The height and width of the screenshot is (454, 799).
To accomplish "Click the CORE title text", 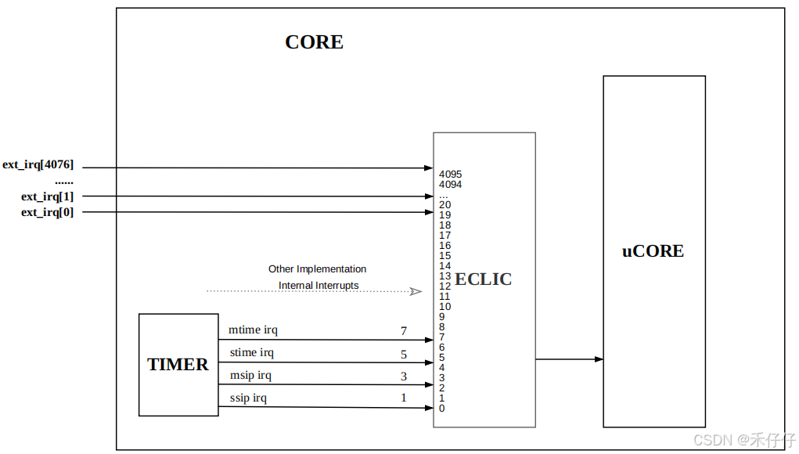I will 314,42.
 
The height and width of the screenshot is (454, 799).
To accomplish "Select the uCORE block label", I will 653,251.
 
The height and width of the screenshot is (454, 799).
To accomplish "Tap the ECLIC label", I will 484,279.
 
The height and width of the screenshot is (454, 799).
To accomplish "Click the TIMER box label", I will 178,365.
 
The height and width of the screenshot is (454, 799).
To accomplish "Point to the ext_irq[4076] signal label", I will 38,164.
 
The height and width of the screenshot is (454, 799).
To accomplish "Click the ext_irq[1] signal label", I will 47,196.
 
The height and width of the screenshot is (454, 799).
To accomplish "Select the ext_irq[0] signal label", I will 47,212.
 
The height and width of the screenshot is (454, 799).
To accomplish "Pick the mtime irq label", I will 252,330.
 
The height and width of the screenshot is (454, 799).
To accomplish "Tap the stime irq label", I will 252,353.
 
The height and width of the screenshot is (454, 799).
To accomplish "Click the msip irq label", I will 250,376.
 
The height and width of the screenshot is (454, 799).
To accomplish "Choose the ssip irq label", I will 248,398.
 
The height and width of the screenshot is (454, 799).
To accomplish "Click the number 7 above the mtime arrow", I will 404,331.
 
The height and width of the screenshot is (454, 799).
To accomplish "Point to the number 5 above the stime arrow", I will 404,355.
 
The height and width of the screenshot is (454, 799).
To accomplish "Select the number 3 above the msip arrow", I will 404,377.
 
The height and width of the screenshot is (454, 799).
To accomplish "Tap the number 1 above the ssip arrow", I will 404,398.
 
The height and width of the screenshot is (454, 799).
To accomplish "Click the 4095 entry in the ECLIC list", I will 450,175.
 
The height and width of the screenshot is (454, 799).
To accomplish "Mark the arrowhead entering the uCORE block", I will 599,359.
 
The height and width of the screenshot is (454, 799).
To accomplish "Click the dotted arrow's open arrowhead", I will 416,291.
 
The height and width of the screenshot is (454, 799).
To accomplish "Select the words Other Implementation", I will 317,269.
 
